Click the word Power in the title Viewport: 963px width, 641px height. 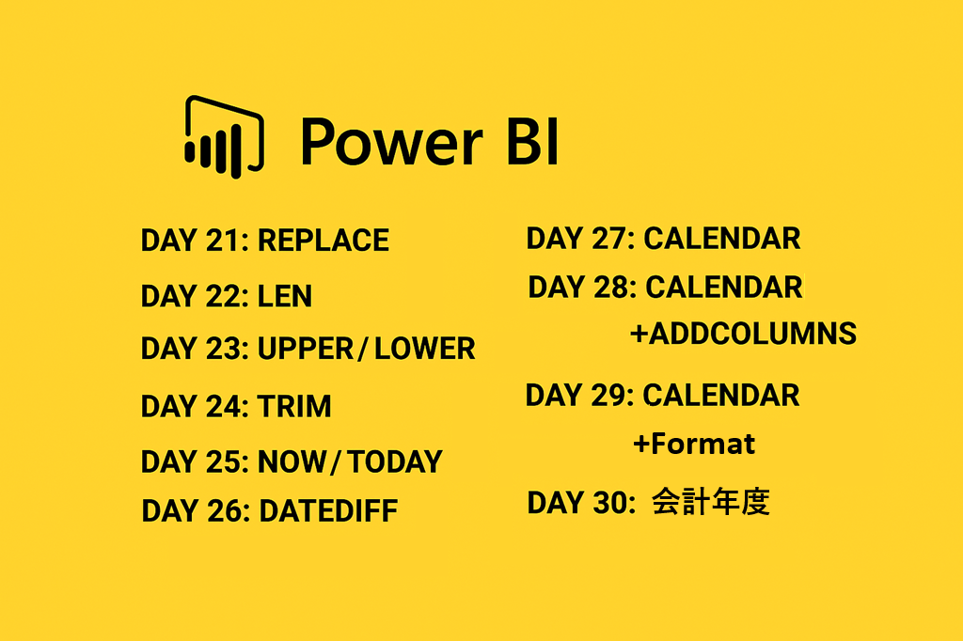[x=391, y=143]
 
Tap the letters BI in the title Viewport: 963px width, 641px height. [x=532, y=143]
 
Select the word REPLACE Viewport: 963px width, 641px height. [x=324, y=240]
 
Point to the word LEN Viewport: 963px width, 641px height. [x=284, y=296]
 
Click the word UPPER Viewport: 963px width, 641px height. [x=306, y=349]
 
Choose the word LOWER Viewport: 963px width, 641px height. [x=424, y=349]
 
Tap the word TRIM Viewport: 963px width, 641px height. [x=294, y=406]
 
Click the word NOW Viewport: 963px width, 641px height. [x=292, y=461]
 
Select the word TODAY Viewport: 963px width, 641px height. [x=395, y=461]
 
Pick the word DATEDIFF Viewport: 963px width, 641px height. [x=328, y=511]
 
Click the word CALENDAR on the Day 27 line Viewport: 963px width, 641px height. [x=721, y=238]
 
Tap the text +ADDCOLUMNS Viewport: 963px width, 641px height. [x=743, y=334]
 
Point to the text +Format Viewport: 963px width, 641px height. [x=694, y=444]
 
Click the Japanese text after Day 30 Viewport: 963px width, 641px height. [x=711, y=502]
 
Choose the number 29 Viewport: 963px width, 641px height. [x=608, y=395]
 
